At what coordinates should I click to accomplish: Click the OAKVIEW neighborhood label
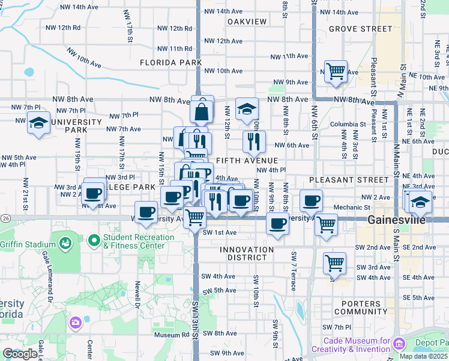click(x=247, y=22)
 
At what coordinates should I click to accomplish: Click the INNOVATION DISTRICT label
click(x=250, y=254)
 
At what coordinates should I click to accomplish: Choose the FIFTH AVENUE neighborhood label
click(x=247, y=161)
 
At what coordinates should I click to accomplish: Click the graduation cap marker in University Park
click(x=39, y=123)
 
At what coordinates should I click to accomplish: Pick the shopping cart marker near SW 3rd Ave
click(x=334, y=263)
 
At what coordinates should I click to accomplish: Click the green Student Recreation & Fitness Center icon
click(x=94, y=241)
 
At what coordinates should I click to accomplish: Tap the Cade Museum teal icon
click(x=400, y=343)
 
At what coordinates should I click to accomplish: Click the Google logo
click(x=20, y=354)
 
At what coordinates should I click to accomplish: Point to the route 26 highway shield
click(x=5, y=217)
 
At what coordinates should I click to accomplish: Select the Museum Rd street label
click(x=171, y=335)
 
